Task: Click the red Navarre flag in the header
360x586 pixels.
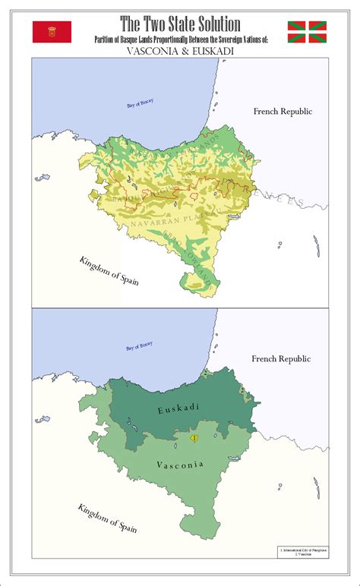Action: point(52,31)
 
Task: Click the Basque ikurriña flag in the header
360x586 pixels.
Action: point(306,31)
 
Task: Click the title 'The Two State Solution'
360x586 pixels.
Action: point(180,24)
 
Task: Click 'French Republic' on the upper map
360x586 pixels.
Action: point(283,112)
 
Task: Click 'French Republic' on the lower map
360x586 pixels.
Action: point(283,357)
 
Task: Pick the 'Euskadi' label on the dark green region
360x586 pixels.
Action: point(178,410)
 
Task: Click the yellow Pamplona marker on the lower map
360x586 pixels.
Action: point(194,438)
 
